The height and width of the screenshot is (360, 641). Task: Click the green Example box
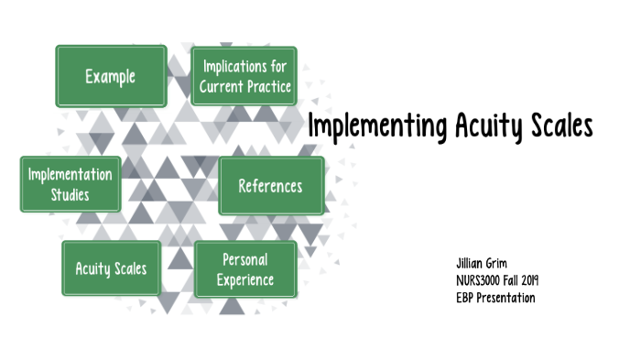[x=111, y=76]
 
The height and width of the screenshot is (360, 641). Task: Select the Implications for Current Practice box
[x=244, y=76]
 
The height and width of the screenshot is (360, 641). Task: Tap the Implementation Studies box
[x=71, y=183]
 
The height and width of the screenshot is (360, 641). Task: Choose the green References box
[x=270, y=186]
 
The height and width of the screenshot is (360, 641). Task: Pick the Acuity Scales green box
[x=111, y=269]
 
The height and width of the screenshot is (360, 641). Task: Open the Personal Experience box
[x=244, y=269]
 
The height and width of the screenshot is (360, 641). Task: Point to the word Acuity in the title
[x=486, y=126]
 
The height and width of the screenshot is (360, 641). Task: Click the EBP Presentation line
[x=494, y=298]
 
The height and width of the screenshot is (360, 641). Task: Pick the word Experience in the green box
[x=244, y=279]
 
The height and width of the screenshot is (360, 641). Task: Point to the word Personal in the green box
[x=244, y=259]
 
